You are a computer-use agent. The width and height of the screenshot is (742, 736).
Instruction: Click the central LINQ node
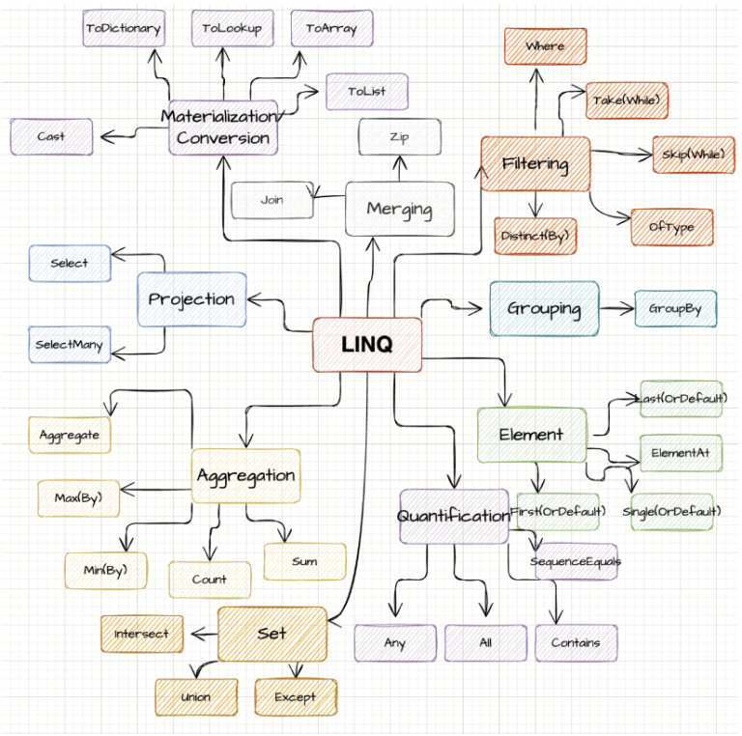(x=367, y=345)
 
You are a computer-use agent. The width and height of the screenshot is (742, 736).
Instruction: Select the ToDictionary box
(x=123, y=29)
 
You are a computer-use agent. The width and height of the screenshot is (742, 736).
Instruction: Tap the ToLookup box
(x=232, y=29)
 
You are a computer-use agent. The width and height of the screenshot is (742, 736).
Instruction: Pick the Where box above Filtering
(x=545, y=46)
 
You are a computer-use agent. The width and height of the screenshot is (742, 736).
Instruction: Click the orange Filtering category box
(x=535, y=164)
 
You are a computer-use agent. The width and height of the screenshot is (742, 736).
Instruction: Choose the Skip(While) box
(x=692, y=155)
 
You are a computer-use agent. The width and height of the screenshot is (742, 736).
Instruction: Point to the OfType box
(x=671, y=227)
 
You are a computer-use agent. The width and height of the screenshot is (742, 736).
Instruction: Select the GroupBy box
(x=675, y=309)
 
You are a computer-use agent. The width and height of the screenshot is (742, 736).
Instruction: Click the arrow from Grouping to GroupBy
(x=616, y=309)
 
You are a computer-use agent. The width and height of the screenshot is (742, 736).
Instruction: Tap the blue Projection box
(x=191, y=299)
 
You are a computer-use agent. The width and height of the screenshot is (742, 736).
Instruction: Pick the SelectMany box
(x=69, y=344)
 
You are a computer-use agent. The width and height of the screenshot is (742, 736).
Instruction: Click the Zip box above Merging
(x=399, y=137)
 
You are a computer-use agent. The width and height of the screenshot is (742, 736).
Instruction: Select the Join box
(x=271, y=201)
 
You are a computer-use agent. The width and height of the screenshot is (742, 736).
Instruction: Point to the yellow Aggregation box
(x=245, y=475)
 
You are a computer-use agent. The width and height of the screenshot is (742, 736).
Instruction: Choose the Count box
(x=210, y=580)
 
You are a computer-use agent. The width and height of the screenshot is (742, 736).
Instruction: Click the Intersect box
(x=142, y=634)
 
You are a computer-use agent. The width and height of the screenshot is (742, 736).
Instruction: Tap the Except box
(x=296, y=696)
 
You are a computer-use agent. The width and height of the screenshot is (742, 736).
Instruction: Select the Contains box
(x=576, y=642)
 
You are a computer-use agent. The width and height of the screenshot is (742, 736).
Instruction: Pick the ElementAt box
(x=681, y=451)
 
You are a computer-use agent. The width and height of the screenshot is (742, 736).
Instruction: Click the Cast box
(x=51, y=137)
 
